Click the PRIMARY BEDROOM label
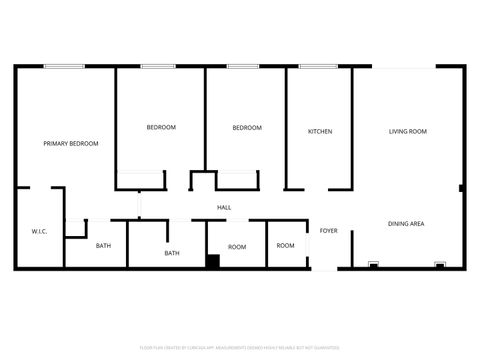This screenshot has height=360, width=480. tap(71, 144)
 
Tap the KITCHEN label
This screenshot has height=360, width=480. tap(320, 132)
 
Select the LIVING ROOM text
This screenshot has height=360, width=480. tap(408, 132)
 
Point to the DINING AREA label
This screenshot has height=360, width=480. tap(406, 224)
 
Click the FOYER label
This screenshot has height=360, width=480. tap(328, 231)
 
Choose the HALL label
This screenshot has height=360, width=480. tap(225, 208)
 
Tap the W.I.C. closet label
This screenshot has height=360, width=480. tap(40, 231)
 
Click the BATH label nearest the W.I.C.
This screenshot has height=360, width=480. tap(103, 246)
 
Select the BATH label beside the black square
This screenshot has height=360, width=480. tap(172, 253)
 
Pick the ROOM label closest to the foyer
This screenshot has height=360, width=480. tap(286, 246)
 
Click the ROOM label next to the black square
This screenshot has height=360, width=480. tap(237, 247)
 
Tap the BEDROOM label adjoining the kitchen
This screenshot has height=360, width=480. tap(247, 128)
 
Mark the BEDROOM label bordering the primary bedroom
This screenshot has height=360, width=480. tap(161, 127)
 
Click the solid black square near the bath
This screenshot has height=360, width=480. tap(213, 262)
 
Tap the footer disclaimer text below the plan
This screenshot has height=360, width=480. tap(240, 347)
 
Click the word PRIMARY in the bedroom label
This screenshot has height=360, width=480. tap(56, 144)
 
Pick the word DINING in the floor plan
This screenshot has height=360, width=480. tap(397, 224)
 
